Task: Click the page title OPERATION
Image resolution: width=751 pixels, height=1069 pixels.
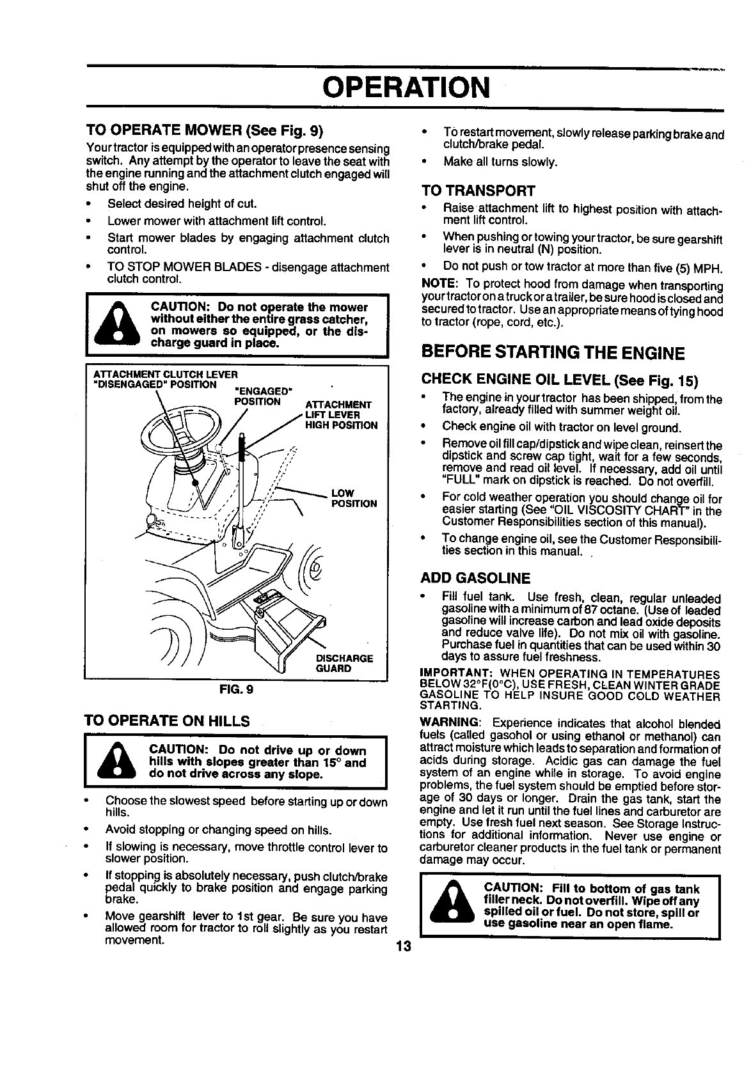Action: tap(406, 87)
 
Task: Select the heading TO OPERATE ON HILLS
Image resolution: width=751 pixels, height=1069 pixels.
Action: tap(167, 721)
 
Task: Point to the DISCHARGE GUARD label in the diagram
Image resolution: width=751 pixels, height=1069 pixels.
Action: tap(344, 664)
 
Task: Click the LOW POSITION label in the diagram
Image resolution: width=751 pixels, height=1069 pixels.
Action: tap(354, 498)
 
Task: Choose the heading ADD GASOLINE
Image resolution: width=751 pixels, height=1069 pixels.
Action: tap(475, 579)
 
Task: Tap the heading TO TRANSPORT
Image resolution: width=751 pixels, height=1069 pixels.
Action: tap(478, 191)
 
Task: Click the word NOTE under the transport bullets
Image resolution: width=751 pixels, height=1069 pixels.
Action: tap(438, 283)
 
